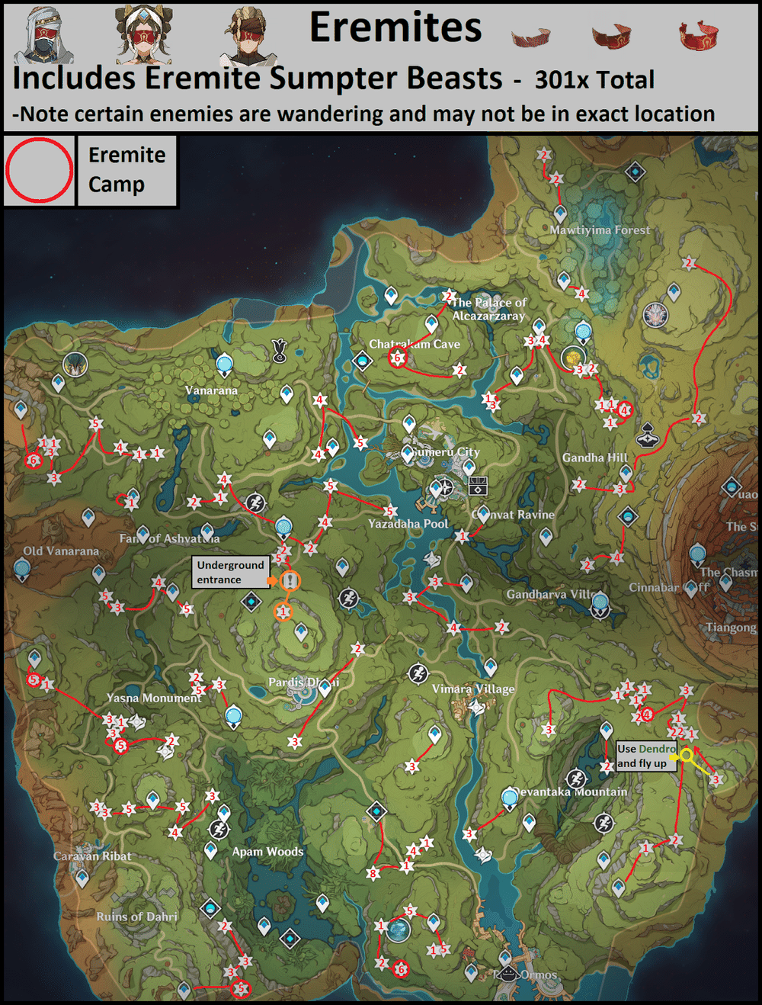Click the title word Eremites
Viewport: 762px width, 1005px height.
[x=395, y=27]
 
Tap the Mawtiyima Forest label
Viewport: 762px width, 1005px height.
[x=600, y=230]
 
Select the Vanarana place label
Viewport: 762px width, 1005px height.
[x=211, y=390]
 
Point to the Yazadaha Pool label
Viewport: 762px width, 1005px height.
[x=408, y=524]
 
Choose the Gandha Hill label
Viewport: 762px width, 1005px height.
[x=594, y=458]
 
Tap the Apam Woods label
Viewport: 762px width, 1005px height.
[x=267, y=852]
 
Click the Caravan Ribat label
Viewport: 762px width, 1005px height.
[x=92, y=856]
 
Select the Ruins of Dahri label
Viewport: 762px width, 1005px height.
[x=136, y=917]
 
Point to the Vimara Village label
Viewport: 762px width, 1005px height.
[x=473, y=689]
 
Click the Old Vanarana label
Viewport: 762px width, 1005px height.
[x=61, y=551]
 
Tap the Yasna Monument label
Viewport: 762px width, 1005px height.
[x=154, y=698]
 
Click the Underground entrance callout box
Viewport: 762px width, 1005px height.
[x=230, y=572]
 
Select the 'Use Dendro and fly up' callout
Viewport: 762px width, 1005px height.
[x=645, y=756]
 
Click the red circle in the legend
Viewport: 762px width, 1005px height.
[x=39, y=170]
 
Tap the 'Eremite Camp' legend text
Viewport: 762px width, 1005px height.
[x=126, y=170]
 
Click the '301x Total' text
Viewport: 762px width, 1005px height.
[x=594, y=80]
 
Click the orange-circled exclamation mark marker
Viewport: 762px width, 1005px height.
[x=290, y=581]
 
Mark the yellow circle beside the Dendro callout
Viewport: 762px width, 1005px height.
[x=687, y=755]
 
